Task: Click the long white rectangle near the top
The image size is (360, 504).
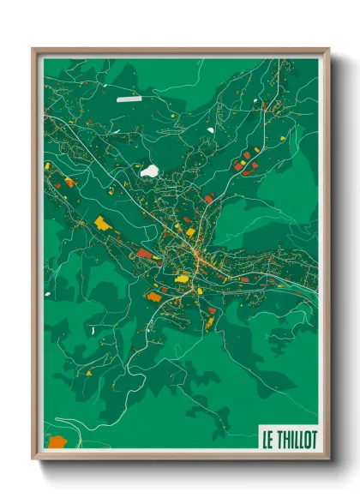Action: pyautogui.click(x=129, y=99)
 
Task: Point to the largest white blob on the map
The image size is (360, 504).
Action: pyautogui.click(x=150, y=171)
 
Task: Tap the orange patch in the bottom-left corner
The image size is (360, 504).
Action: pyautogui.click(x=57, y=442)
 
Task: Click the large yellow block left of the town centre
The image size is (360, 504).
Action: pyautogui.click(x=103, y=224)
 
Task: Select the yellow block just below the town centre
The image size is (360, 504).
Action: pyautogui.click(x=182, y=277)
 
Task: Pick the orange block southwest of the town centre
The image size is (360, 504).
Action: pyautogui.click(x=154, y=297)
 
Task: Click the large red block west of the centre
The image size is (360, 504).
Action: pyautogui.click(x=145, y=254)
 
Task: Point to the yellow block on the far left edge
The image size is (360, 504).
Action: pyautogui.click(x=48, y=165)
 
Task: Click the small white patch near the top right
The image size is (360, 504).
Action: pyautogui.click(x=211, y=130)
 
